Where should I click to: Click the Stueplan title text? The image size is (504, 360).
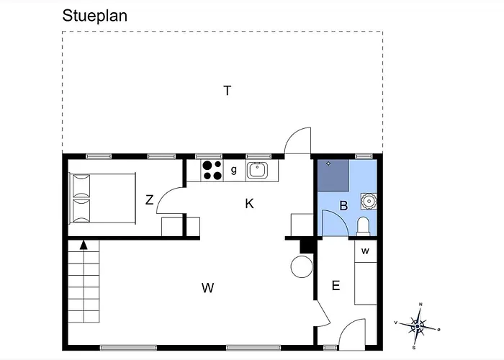click(x=94, y=16)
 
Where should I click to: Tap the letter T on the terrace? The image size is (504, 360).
click(x=228, y=91)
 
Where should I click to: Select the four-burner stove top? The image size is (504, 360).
click(x=212, y=170)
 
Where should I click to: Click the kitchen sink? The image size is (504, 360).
click(x=257, y=171)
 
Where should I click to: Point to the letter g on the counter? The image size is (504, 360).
click(x=234, y=171)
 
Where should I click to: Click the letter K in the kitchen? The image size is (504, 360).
click(x=249, y=204)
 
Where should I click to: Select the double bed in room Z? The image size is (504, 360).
click(x=102, y=197)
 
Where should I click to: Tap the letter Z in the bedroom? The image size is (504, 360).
click(x=149, y=200)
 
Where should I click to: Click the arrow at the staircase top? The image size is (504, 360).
click(x=84, y=246)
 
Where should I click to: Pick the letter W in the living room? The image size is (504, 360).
click(x=207, y=289)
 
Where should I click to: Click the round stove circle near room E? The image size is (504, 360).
click(x=301, y=267)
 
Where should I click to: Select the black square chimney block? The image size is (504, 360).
click(x=307, y=246)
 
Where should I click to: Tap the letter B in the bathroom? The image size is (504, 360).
click(x=343, y=206)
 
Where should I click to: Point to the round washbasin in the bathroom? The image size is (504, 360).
click(x=367, y=199)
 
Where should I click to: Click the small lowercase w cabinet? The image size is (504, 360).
click(x=365, y=251)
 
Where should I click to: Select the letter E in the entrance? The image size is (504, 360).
click(x=336, y=286)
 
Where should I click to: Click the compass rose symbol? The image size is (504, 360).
click(x=418, y=325)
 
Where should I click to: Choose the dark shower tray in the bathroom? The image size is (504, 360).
click(x=333, y=174)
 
